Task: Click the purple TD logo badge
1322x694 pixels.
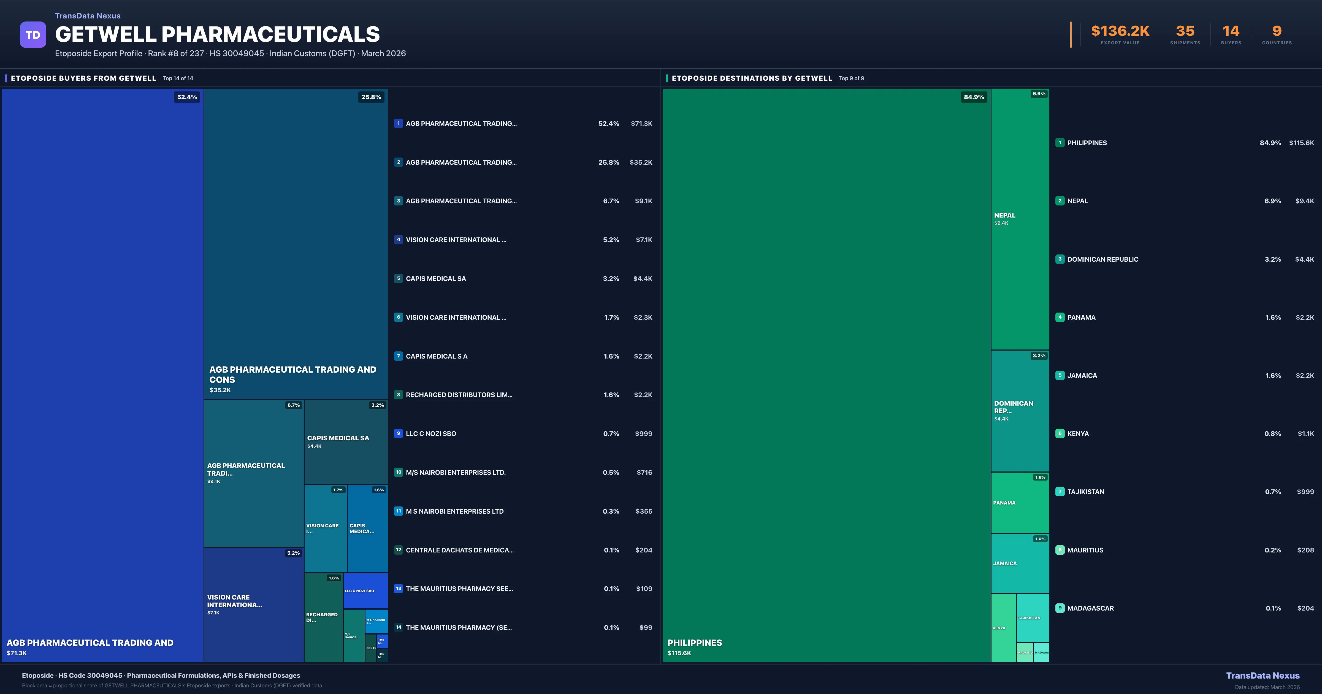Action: [33, 35]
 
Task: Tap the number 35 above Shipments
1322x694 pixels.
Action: [1185, 31]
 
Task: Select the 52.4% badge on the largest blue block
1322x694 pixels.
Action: [187, 97]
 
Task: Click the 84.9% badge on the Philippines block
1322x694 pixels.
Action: [974, 97]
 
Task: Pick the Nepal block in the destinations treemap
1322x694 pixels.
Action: [1020, 219]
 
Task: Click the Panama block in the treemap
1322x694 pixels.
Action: [1020, 503]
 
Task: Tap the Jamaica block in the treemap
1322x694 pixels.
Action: [1020, 564]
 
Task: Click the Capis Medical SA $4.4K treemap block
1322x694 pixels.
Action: [345, 441]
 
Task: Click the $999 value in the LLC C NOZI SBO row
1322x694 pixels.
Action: [644, 434]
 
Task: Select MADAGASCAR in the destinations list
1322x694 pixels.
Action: [1090, 608]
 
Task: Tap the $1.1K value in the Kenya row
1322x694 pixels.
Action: [1305, 434]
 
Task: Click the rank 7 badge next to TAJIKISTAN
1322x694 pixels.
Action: [1060, 492]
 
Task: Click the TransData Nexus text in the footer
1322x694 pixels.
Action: [1263, 676]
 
